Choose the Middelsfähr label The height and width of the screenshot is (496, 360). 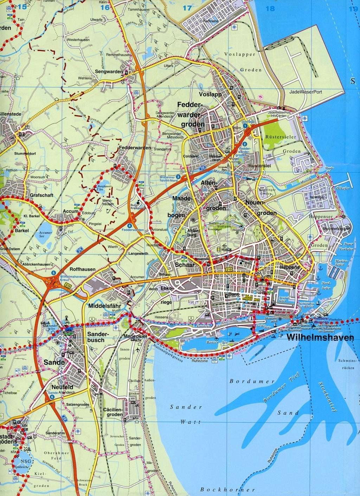pyautogui.click(x=105, y=305)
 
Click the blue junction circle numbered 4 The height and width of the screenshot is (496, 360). pyautogui.click(x=130, y=225)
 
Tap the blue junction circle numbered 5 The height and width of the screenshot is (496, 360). pyautogui.click(x=53, y=273)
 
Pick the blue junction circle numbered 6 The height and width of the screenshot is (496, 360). pyautogui.click(x=52, y=397)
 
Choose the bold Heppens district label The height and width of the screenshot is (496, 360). pyautogui.click(x=289, y=267)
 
